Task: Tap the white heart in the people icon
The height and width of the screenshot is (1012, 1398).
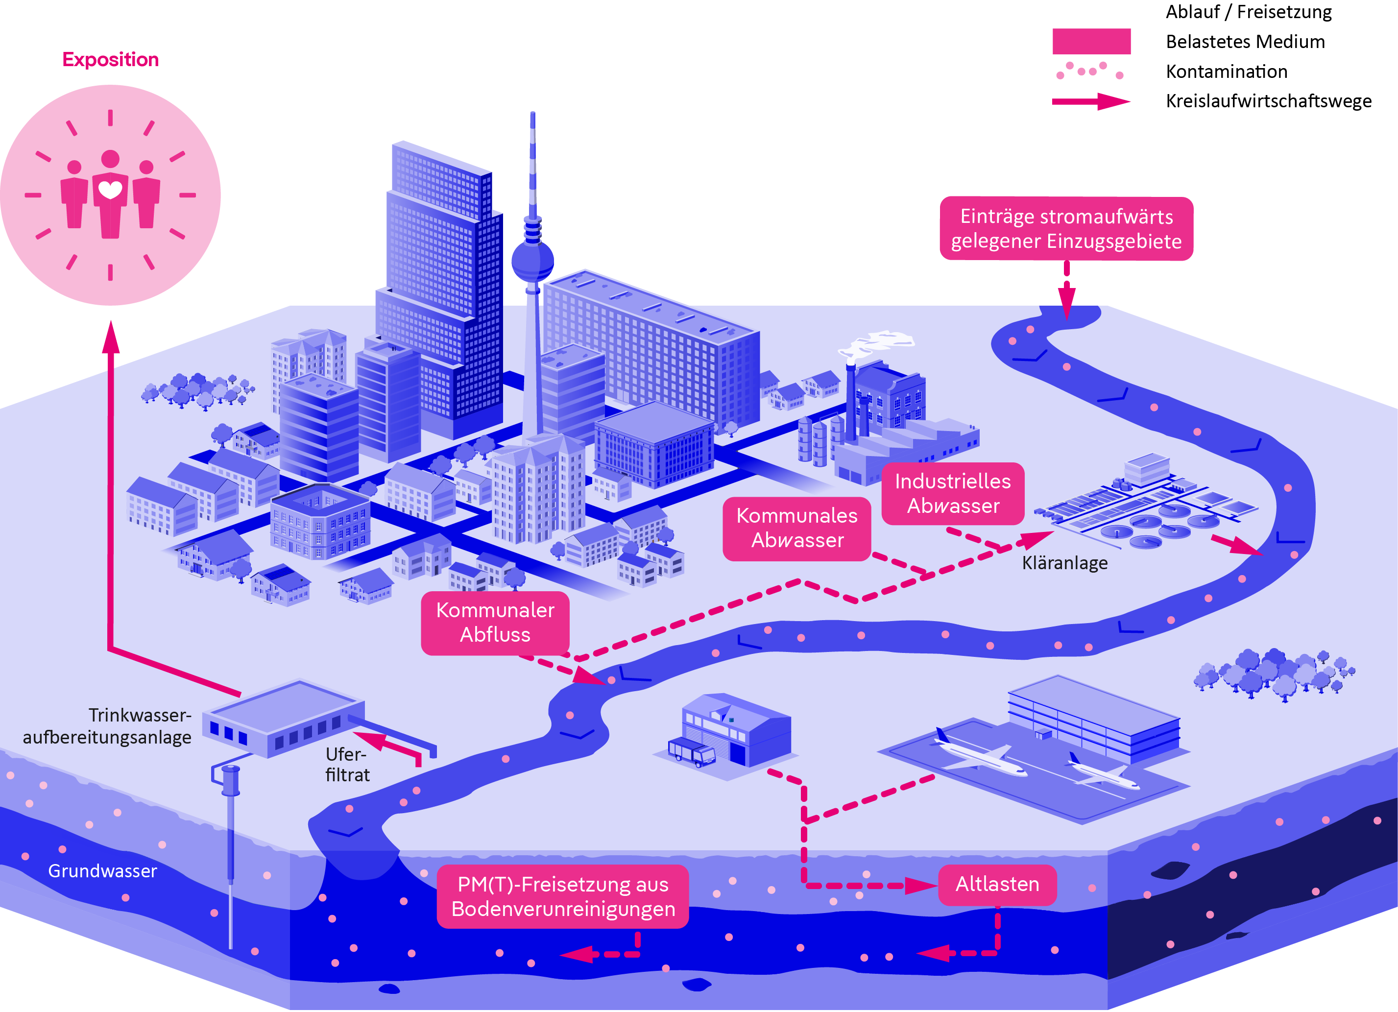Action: click(111, 189)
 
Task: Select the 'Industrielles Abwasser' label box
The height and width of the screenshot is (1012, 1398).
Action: click(952, 494)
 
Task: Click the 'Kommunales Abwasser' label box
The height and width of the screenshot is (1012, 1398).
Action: click(796, 528)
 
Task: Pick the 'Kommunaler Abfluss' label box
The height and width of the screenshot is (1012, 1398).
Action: click(495, 623)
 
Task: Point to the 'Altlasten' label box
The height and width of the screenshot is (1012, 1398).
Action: click(997, 885)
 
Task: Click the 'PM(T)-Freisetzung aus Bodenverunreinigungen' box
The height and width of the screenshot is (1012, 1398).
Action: click(562, 897)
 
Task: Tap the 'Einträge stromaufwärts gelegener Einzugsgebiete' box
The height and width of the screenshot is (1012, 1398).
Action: click(1066, 229)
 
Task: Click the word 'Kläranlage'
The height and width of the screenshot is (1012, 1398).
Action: click(1064, 563)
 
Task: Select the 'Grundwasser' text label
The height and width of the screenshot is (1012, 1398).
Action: click(102, 871)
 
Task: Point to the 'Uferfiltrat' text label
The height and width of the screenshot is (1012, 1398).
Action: click(347, 764)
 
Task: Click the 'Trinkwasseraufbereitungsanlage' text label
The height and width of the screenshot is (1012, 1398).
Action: click(108, 726)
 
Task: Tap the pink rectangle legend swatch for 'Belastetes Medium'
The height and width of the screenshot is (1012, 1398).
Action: click(1091, 41)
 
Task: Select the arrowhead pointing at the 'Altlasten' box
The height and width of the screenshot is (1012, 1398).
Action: click(921, 886)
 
